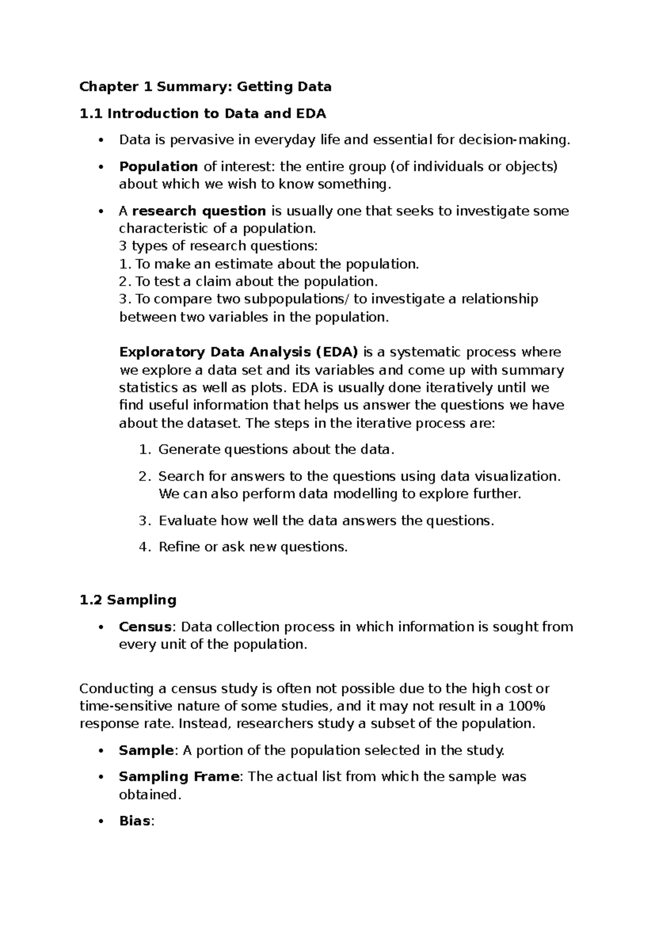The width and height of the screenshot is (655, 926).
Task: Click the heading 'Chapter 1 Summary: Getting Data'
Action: (205, 87)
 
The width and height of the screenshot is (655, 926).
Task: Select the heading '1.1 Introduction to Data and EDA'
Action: (203, 114)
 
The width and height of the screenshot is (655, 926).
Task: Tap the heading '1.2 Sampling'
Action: (128, 600)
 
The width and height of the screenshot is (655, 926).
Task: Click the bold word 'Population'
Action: (158, 167)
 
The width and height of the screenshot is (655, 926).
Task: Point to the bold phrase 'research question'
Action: (199, 211)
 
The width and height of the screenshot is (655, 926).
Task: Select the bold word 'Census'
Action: (145, 627)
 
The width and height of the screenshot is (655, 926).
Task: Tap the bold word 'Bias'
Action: (135, 821)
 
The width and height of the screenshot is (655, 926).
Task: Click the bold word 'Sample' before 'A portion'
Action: (146, 750)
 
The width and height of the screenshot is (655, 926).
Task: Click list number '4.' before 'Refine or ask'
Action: (144, 547)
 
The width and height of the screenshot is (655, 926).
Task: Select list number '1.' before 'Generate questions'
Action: (144, 450)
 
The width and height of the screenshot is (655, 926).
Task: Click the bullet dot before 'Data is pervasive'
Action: (100, 140)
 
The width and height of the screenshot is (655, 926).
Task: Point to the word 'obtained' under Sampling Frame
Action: (148, 794)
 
